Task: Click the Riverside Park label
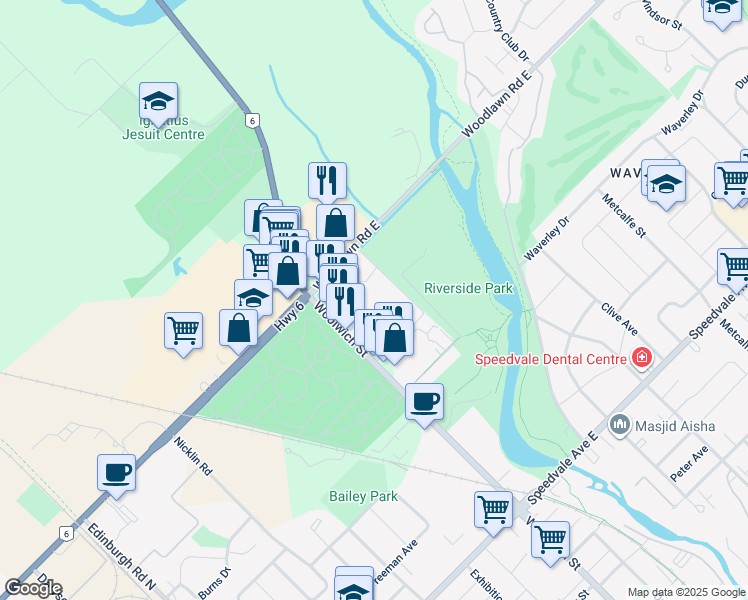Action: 468,288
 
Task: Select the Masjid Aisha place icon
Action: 619,426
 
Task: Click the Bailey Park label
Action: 364,496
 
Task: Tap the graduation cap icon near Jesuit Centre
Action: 158,100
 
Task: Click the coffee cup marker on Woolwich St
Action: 424,402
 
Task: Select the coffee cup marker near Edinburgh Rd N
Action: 116,472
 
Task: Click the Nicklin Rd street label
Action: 193,455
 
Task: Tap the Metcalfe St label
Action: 625,214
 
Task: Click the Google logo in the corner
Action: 33,588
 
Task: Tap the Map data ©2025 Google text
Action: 686,592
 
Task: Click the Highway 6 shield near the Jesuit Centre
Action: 254,120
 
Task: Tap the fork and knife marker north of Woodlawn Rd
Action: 327,181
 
